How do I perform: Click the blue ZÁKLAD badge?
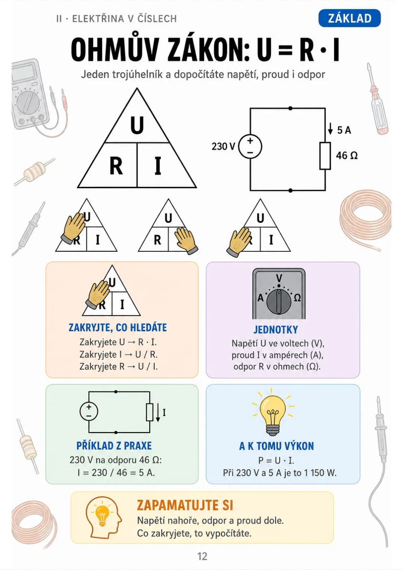[349, 18]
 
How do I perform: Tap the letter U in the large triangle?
[137, 125]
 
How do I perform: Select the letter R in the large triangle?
[116, 166]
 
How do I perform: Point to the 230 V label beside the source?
[223, 146]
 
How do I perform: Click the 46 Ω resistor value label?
[347, 155]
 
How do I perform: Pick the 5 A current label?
[344, 130]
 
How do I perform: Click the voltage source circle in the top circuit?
[250, 147]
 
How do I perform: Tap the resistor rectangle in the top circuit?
[325, 156]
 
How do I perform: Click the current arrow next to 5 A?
[330, 129]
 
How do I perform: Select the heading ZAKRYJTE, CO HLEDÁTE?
[118, 327]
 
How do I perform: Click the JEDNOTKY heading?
[276, 330]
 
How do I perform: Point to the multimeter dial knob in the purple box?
[279, 302]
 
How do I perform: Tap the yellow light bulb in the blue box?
[273, 413]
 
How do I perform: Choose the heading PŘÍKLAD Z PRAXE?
[114, 446]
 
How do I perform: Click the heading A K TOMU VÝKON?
[277, 446]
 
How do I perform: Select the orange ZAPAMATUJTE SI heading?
[185, 506]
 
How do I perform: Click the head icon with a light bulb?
[103, 517]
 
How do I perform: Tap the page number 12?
[202, 557]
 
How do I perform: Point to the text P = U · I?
[276, 460]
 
